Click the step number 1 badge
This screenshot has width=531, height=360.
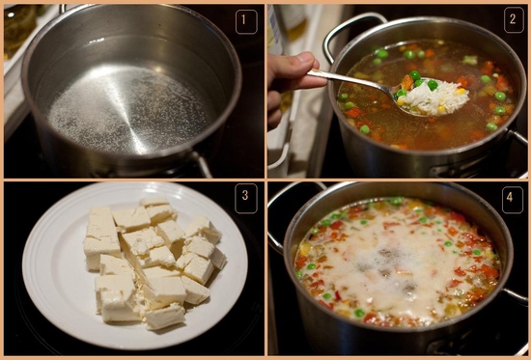pos(246,21)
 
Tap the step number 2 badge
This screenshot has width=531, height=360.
pos(514,20)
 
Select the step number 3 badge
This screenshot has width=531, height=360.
pos(246,198)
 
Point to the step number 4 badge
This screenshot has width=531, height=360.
pos(512,200)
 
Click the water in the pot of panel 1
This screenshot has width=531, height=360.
pos(127,100)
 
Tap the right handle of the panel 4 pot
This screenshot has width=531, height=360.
pos(516,295)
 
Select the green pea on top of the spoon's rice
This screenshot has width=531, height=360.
pos(433,85)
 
